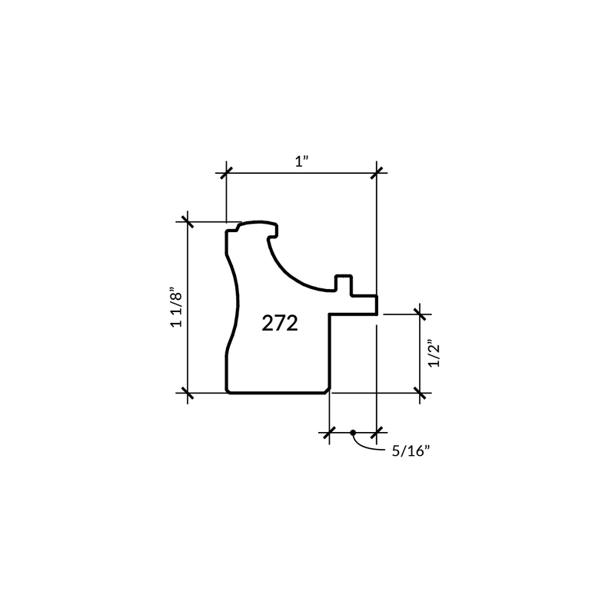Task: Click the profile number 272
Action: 280,324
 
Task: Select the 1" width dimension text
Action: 302,161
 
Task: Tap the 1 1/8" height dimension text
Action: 177,310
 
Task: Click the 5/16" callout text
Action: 411,451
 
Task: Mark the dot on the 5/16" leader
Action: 353,433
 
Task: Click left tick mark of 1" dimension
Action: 226,173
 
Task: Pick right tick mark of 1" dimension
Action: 377,173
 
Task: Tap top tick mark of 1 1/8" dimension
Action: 188,221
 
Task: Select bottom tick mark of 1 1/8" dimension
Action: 188,393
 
